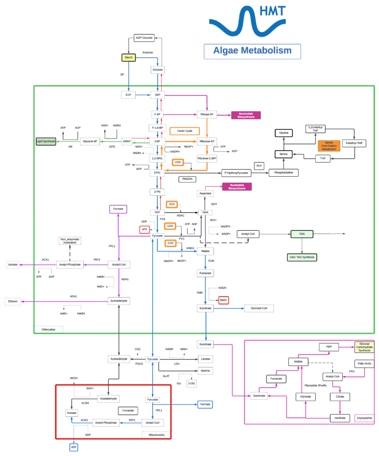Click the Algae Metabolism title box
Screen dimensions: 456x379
(252, 51)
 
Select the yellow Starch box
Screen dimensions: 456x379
(129, 57)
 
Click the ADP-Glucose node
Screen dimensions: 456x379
(144, 38)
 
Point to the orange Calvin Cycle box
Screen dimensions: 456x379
(184, 131)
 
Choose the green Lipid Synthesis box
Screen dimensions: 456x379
(46, 141)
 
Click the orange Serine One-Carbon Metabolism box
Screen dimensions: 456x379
(329, 146)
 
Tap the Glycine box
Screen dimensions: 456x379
(284, 133)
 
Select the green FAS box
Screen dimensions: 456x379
(302, 233)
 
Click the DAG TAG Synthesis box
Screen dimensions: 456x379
(302, 257)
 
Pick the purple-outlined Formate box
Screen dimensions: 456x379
(118, 208)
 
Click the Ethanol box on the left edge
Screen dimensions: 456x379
(13, 301)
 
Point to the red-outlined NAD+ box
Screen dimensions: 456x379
(223, 300)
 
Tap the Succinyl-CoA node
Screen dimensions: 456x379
(258, 308)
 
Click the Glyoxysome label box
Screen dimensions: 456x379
(364, 418)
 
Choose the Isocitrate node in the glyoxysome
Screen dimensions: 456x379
(340, 418)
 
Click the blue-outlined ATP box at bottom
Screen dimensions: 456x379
(74, 447)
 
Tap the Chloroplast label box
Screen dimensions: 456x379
(48, 330)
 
